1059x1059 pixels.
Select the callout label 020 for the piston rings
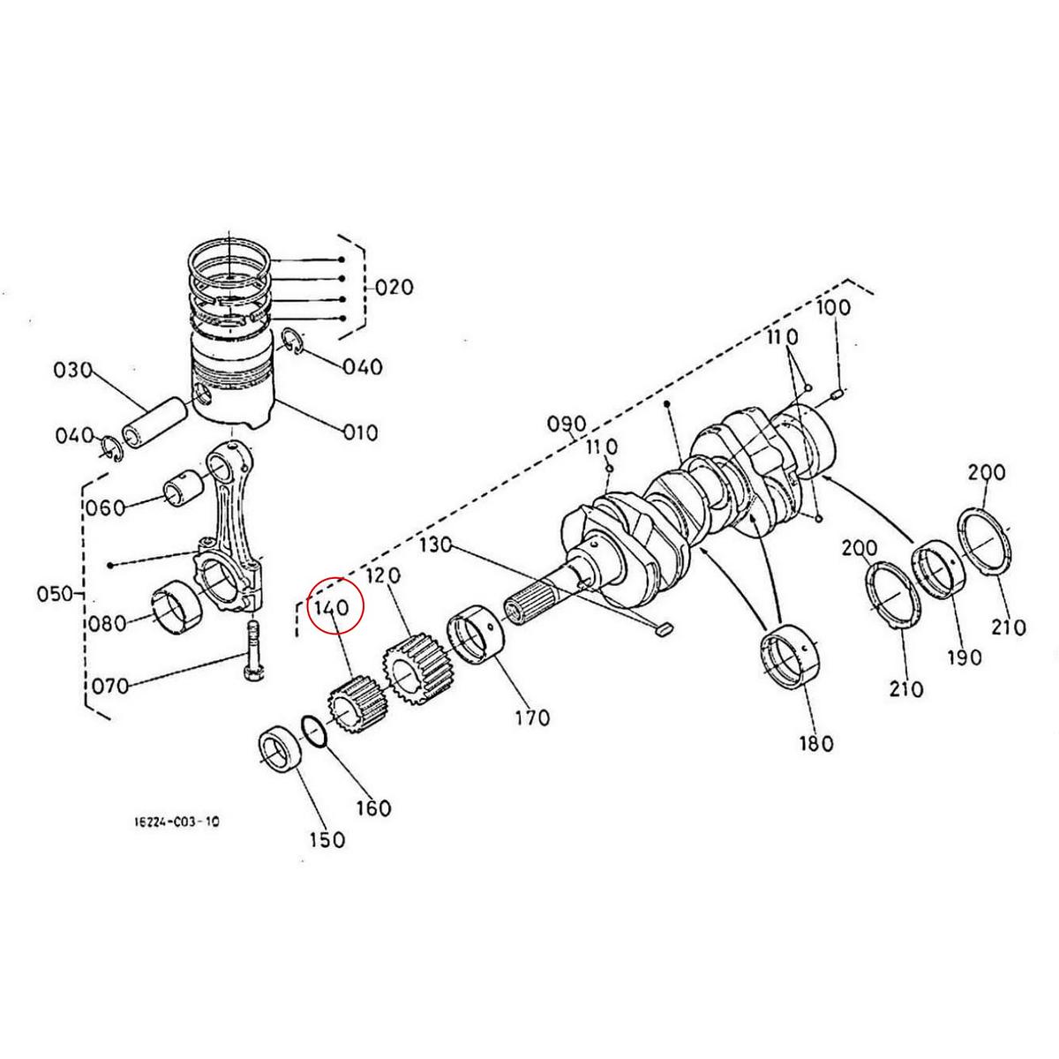pos(394,288)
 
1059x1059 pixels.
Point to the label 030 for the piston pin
pos(73,371)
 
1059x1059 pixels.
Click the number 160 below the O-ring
pos(372,807)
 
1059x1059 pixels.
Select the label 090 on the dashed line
pos(567,423)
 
